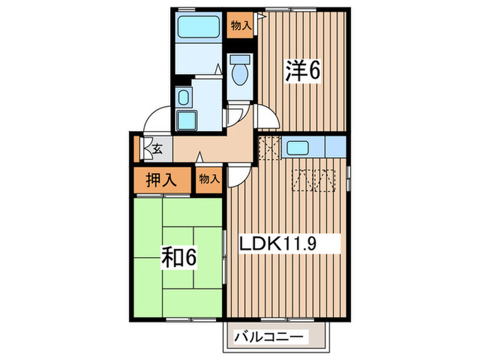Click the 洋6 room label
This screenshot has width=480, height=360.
tap(302, 69)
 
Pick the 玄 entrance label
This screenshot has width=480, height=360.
tap(157, 147)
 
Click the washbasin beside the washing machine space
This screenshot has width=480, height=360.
tap(184, 97)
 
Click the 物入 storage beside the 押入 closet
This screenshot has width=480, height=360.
tap(210, 180)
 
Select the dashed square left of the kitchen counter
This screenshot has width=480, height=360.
tap(268, 147)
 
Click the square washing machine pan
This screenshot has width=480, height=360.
tap(185, 121)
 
